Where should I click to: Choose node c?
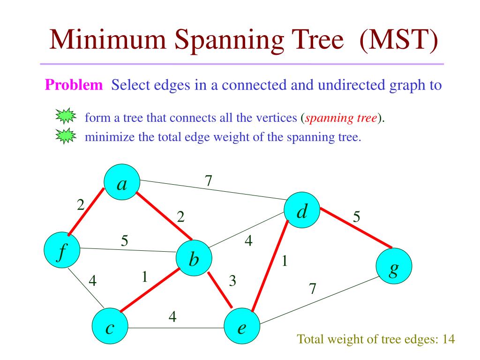pos(110,327)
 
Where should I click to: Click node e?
pos(242,327)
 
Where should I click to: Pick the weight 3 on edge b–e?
pos(232,281)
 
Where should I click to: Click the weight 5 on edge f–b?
pos(125,240)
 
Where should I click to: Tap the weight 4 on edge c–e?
pos(172,317)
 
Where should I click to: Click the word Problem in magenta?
pos(74,85)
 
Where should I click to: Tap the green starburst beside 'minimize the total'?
pos(65,136)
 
